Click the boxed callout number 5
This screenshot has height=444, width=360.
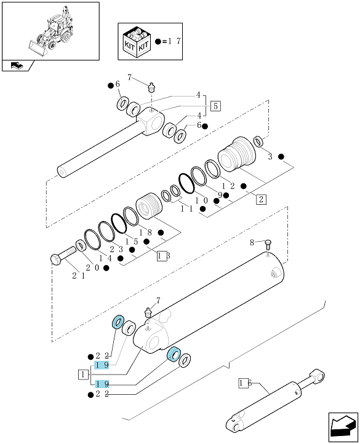(215, 106)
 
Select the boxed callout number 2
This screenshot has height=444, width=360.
(261, 199)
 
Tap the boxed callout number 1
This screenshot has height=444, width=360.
(82, 375)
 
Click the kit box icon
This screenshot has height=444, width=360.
(137, 42)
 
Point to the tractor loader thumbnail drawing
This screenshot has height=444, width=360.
(50, 31)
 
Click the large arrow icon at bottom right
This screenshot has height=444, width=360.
(343, 427)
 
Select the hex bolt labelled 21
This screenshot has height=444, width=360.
(63, 255)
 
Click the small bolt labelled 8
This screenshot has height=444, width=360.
(268, 245)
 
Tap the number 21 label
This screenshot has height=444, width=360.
(79, 276)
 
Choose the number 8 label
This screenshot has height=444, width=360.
(252, 242)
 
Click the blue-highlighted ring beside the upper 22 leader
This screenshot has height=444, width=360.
(118, 322)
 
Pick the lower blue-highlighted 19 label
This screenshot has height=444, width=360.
(102, 384)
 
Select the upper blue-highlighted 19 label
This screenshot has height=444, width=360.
(102, 365)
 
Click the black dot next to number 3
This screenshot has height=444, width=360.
(281, 157)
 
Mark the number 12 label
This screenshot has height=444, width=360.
(228, 186)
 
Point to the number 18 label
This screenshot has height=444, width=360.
(145, 232)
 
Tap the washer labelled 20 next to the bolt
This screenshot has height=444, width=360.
(81, 245)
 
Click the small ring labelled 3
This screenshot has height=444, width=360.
(258, 141)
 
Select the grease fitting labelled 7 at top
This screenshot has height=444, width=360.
(152, 86)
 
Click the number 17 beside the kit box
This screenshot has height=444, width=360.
(174, 41)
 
